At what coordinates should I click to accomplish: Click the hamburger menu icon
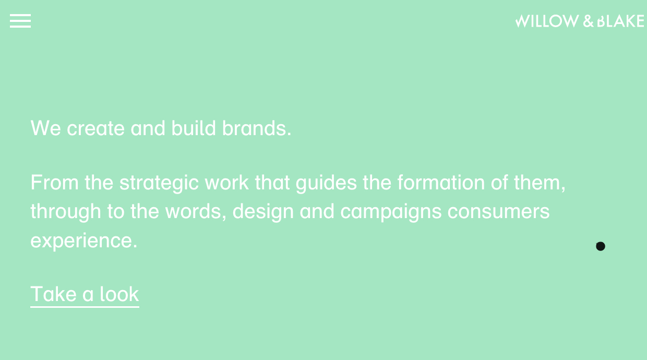[x=20, y=21]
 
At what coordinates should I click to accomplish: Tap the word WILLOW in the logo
[x=547, y=21]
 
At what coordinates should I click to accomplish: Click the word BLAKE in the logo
[x=620, y=21]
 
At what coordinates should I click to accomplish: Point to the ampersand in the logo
[x=588, y=21]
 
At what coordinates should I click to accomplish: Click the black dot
[x=601, y=246]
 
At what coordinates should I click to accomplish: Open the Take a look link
[x=85, y=295]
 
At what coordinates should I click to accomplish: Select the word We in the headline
[x=45, y=128]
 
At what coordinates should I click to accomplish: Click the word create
[x=95, y=128]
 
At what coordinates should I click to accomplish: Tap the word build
[x=194, y=128]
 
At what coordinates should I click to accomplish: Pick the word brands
[x=257, y=128]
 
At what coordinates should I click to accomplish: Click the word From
[x=55, y=183]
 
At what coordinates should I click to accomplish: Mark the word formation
[x=441, y=182]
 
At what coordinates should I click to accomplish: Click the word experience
[x=84, y=241]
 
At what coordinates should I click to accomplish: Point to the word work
[x=226, y=182]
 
